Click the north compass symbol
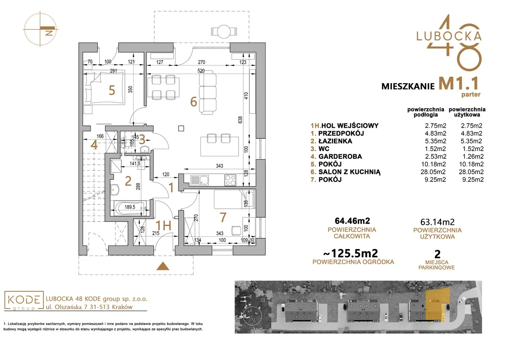41,29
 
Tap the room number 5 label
112,90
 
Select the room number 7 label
223,217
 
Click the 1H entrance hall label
163,226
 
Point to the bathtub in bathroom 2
130,208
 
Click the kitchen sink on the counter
200,180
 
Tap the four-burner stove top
230,180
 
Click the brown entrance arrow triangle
163,266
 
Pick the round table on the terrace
224,31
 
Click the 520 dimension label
201,71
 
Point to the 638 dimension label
240,120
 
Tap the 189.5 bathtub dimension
130,207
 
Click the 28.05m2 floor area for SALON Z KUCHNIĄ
433,172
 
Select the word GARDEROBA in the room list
340,156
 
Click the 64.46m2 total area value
352,221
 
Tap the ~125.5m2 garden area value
350,253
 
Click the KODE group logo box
24,301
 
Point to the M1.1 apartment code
458,84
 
